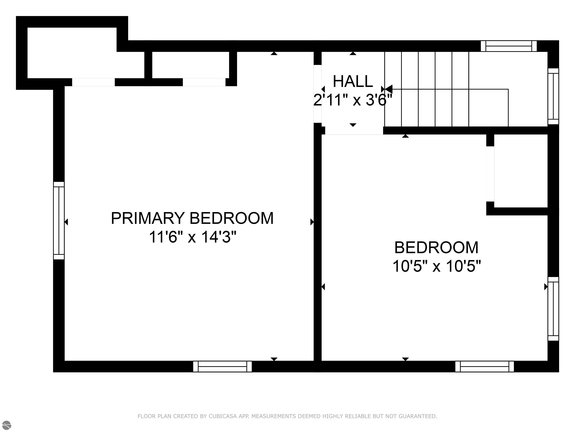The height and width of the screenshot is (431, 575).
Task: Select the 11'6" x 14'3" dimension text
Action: click(192, 237)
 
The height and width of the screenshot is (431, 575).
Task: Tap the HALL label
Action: click(353, 81)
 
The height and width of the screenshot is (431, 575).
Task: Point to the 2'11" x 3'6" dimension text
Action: click(353, 100)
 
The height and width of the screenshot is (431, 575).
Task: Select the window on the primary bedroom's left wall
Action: click(59, 221)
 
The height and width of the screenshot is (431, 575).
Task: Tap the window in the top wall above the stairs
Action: click(509, 46)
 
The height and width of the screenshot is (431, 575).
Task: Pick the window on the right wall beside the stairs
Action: click(553, 96)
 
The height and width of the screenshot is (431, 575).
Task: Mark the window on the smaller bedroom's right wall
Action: click(553, 309)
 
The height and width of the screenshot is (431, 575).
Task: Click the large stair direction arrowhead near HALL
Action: click(388, 89)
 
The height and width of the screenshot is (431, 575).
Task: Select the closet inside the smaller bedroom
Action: click(521, 171)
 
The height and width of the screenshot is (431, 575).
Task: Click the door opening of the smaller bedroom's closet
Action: click(490, 174)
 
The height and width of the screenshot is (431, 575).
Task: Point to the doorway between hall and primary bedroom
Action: click(318, 94)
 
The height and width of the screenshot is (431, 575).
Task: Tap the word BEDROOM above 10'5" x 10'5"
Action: click(436, 248)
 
